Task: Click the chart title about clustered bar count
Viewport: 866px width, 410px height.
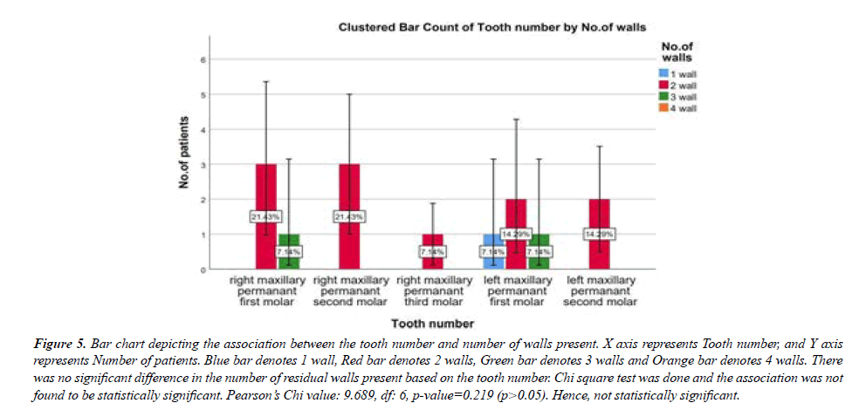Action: click(x=491, y=28)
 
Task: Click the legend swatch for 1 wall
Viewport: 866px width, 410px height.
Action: click(x=663, y=73)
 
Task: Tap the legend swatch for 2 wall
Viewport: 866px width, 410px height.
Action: click(x=663, y=85)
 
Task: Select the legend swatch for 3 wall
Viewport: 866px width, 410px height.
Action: click(x=663, y=98)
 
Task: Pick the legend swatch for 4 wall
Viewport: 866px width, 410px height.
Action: click(x=663, y=109)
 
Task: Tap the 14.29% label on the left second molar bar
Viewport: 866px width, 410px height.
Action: click(x=601, y=235)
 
